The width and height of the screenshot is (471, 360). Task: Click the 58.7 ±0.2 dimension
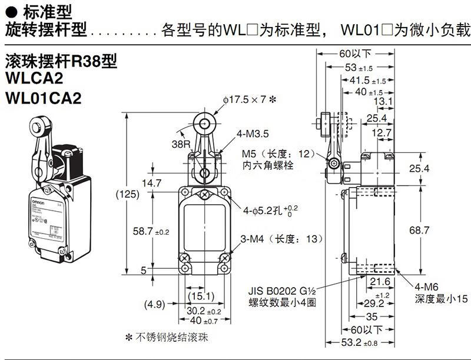151,232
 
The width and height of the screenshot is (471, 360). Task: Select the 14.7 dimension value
151,183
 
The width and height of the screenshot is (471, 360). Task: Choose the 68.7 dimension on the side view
420,231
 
